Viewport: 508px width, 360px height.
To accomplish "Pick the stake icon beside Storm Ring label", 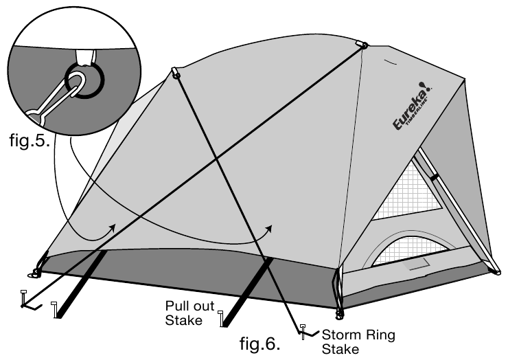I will coord(302,332).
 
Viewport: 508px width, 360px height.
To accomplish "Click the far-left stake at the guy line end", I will coord(24,299).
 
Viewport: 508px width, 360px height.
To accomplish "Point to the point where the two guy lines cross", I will coord(218,159).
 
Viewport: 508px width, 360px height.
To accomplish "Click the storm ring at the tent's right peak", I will coord(362,46).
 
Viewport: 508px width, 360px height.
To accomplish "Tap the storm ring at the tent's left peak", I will coord(176,73).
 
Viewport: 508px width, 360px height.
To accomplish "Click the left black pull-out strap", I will coord(81,282).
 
